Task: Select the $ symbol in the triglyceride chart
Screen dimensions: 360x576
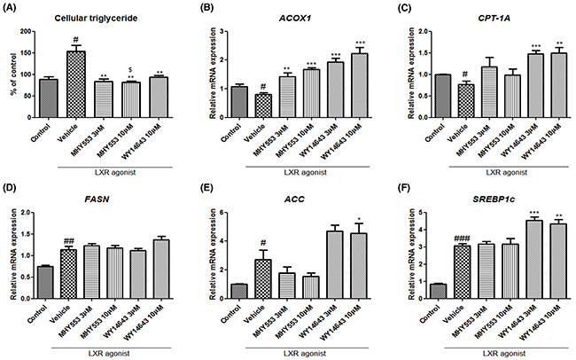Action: point(130,67)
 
